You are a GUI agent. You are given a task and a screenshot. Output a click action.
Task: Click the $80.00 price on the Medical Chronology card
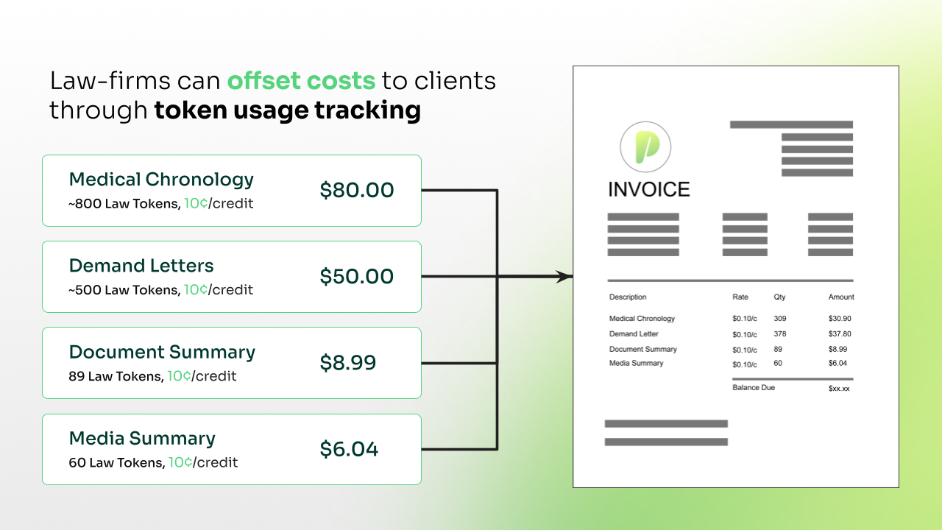point(357,191)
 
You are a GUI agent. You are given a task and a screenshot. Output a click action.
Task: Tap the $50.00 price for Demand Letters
point(357,277)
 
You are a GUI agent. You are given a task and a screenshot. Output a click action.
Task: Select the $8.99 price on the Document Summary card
point(348,363)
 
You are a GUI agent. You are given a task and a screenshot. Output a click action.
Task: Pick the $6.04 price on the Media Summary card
point(349,449)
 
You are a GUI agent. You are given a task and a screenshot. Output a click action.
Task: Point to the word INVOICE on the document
point(648,190)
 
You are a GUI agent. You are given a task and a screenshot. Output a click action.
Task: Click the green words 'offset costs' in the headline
point(301,81)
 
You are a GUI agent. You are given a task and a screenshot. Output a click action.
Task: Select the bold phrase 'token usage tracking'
point(287,110)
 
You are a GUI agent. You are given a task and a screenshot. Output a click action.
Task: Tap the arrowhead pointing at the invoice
point(564,277)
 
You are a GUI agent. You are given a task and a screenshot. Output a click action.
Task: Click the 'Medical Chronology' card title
point(161,180)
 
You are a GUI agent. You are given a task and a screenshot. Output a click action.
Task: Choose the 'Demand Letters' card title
point(141,266)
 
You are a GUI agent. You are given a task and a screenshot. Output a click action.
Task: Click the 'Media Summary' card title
point(142,439)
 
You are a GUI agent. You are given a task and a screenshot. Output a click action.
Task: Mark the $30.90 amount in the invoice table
point(839,319)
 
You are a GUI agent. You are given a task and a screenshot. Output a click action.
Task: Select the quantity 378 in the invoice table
point(780,334)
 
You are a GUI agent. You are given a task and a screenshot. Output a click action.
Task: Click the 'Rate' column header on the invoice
point(740,297)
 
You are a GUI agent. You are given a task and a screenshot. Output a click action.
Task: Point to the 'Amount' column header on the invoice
point(841,297)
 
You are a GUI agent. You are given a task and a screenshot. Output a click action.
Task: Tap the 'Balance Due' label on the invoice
point(754,388)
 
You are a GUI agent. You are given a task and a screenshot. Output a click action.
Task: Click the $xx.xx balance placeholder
point(839,388)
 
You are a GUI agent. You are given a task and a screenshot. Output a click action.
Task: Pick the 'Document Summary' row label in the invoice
point(642,350)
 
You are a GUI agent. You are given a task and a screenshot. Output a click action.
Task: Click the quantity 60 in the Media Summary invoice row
point(778,364)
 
